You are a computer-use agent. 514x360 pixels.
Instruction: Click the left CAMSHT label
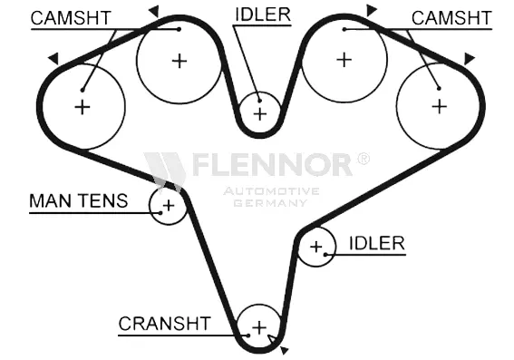point(71,18)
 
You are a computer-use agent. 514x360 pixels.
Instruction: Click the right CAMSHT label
point(451,18)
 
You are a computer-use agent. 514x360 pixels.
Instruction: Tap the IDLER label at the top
point(263,15)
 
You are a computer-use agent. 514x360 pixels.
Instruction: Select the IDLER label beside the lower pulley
point(377,243)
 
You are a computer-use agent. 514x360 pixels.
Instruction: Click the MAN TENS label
point(79,200)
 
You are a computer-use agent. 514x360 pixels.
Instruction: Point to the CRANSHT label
point(165,324)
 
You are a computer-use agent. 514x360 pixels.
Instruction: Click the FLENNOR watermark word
point(273,164)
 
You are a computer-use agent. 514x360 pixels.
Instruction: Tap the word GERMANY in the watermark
point(271,203)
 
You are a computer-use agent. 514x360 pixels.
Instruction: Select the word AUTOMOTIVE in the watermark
point(271,191)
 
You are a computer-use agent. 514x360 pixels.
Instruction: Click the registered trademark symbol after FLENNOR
point(363,159)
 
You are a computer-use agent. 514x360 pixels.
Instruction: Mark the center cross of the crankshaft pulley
point(259,327)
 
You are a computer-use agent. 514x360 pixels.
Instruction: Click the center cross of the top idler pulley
point(260,114)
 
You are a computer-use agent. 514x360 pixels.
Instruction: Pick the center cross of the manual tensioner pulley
point(169,206)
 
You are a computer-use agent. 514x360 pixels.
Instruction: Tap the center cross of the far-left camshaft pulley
point(82,107)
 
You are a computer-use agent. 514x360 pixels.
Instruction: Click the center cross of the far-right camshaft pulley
point(440,107)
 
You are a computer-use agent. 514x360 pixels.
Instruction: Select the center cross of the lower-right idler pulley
point(316,247)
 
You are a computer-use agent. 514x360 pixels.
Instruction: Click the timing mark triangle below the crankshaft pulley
point(285,350)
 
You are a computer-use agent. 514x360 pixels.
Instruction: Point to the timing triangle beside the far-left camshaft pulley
point(54,58)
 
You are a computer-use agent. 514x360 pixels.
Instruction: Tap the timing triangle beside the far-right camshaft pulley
point(469,59)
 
